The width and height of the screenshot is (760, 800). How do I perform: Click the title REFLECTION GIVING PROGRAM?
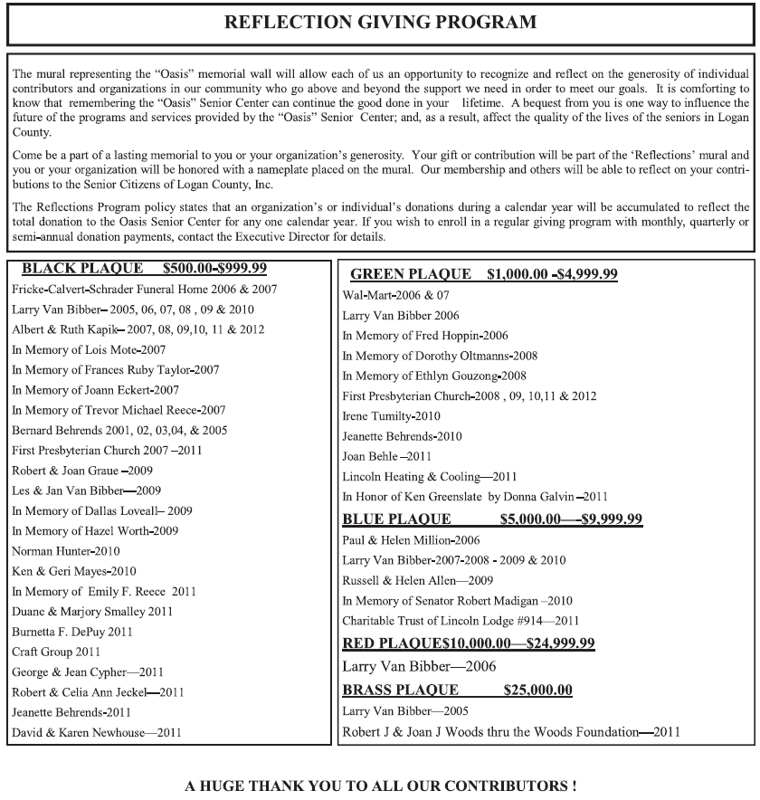click(x=380, y=22)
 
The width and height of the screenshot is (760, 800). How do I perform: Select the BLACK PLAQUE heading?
click(x=144, y=269)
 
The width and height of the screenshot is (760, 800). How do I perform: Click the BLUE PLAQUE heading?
click(x=492, y=519)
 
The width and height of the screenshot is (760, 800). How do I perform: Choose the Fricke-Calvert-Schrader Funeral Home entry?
click(x=145, y=290)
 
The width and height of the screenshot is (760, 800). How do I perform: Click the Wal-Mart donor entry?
click(x=395, y=295)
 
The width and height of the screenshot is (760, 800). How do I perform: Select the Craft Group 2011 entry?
click(x=56, y=652)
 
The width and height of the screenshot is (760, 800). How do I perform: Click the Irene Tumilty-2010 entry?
click(x=391, y=416)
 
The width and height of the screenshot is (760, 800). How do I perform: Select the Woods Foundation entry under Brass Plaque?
click(x=511, y=731)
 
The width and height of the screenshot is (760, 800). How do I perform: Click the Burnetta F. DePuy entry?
click(x=71, y=632)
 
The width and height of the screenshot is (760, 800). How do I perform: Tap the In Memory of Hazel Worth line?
click(x=95, y=531)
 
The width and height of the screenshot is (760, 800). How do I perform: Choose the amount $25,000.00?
click(x=538, y=690)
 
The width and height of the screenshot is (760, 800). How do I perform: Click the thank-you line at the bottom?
click(x=380, y=786)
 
